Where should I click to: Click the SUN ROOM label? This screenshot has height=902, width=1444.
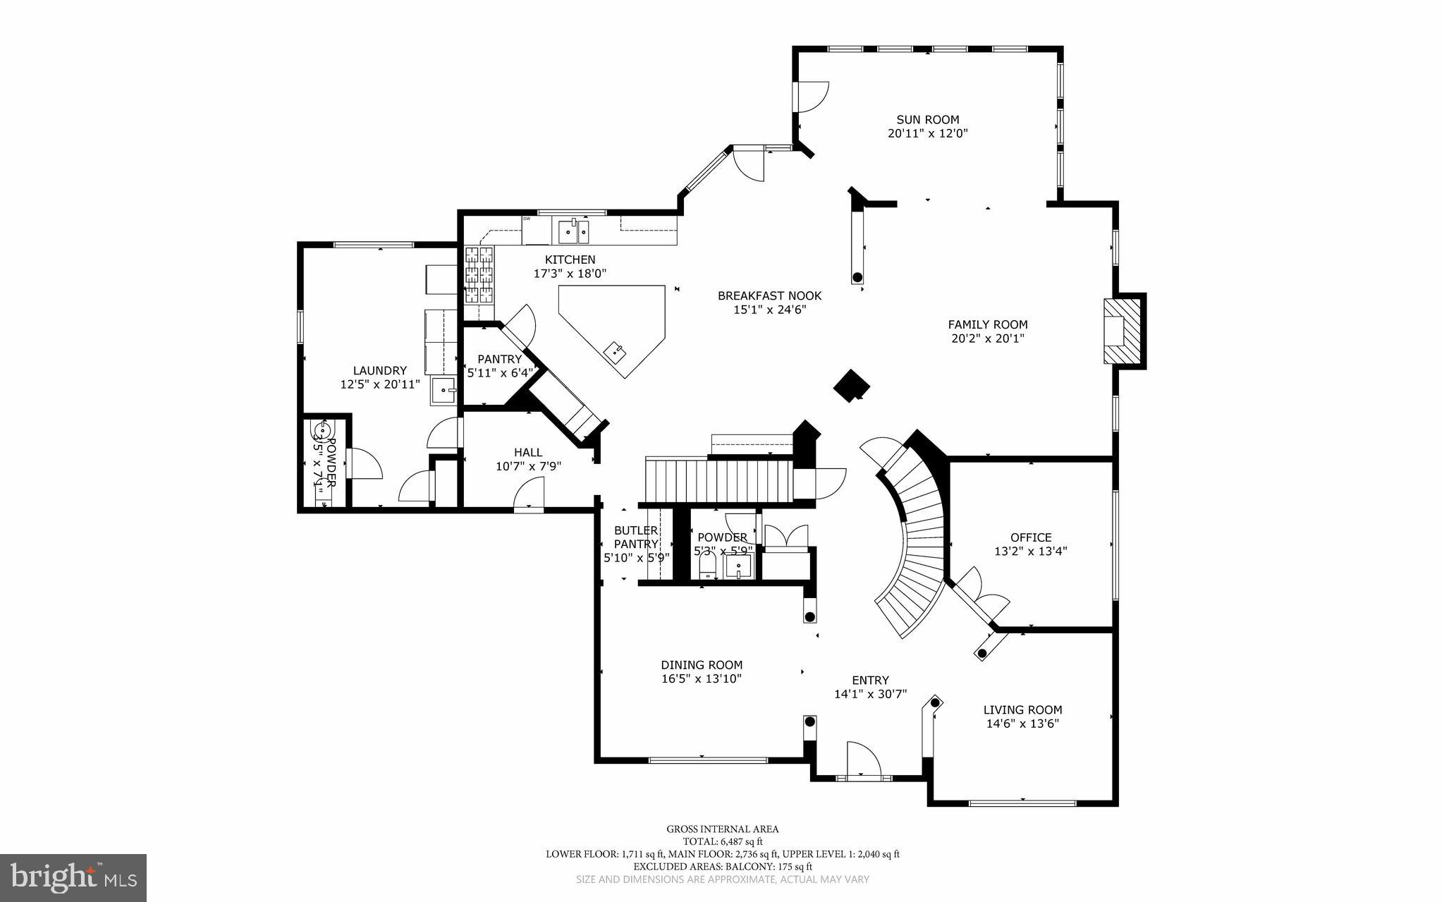point(927,120)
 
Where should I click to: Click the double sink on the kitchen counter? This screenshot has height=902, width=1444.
point(573,230)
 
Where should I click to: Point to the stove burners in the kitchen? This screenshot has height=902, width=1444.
point(479,274)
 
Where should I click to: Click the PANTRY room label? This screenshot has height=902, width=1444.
point(499,359)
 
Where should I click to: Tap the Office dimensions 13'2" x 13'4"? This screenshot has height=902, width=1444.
point(1030,551)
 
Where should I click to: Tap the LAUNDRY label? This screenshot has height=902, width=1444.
point(379,370)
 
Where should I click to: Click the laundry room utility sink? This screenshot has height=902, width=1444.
point(443,391)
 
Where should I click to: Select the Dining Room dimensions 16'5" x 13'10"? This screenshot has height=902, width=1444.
point(701,678)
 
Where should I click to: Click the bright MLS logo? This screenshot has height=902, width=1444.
point(73,877)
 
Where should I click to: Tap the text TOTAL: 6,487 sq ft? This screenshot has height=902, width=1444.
point(722,841)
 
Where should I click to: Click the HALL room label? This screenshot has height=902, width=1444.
point(528,452)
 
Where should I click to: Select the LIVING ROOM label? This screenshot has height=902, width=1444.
point(1022,710)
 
